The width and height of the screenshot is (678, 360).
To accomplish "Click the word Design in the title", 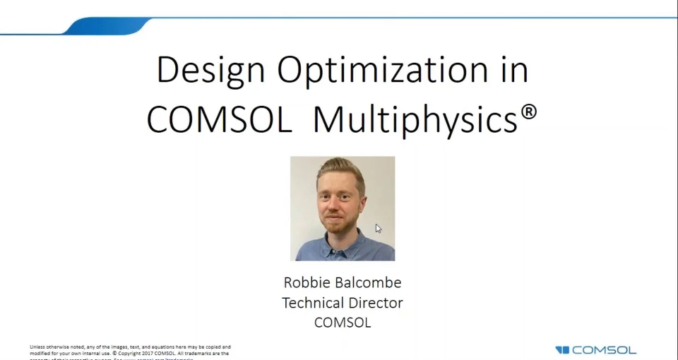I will click(x=211, y=71).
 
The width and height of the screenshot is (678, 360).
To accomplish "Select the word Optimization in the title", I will click(x=382, y=71).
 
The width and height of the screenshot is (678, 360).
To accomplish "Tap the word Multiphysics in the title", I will click(x=415, y=120).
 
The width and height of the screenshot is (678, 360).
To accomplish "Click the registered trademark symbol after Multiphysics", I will click(x=529, y=112).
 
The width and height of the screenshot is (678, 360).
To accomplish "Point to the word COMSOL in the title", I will click(x=219, y=120).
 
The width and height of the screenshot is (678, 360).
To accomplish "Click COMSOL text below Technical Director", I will click(x=343, y=323).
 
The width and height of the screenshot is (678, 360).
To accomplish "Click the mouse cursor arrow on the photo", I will click(x=378, y=228).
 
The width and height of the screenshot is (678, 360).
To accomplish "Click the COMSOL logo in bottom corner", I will click(x=603, y=350).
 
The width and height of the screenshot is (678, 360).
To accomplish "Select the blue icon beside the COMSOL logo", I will click(x=562, y=350).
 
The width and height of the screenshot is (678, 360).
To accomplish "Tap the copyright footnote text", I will click(x=130, y=350).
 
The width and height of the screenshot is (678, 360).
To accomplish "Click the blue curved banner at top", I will click(x=106, y=26).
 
